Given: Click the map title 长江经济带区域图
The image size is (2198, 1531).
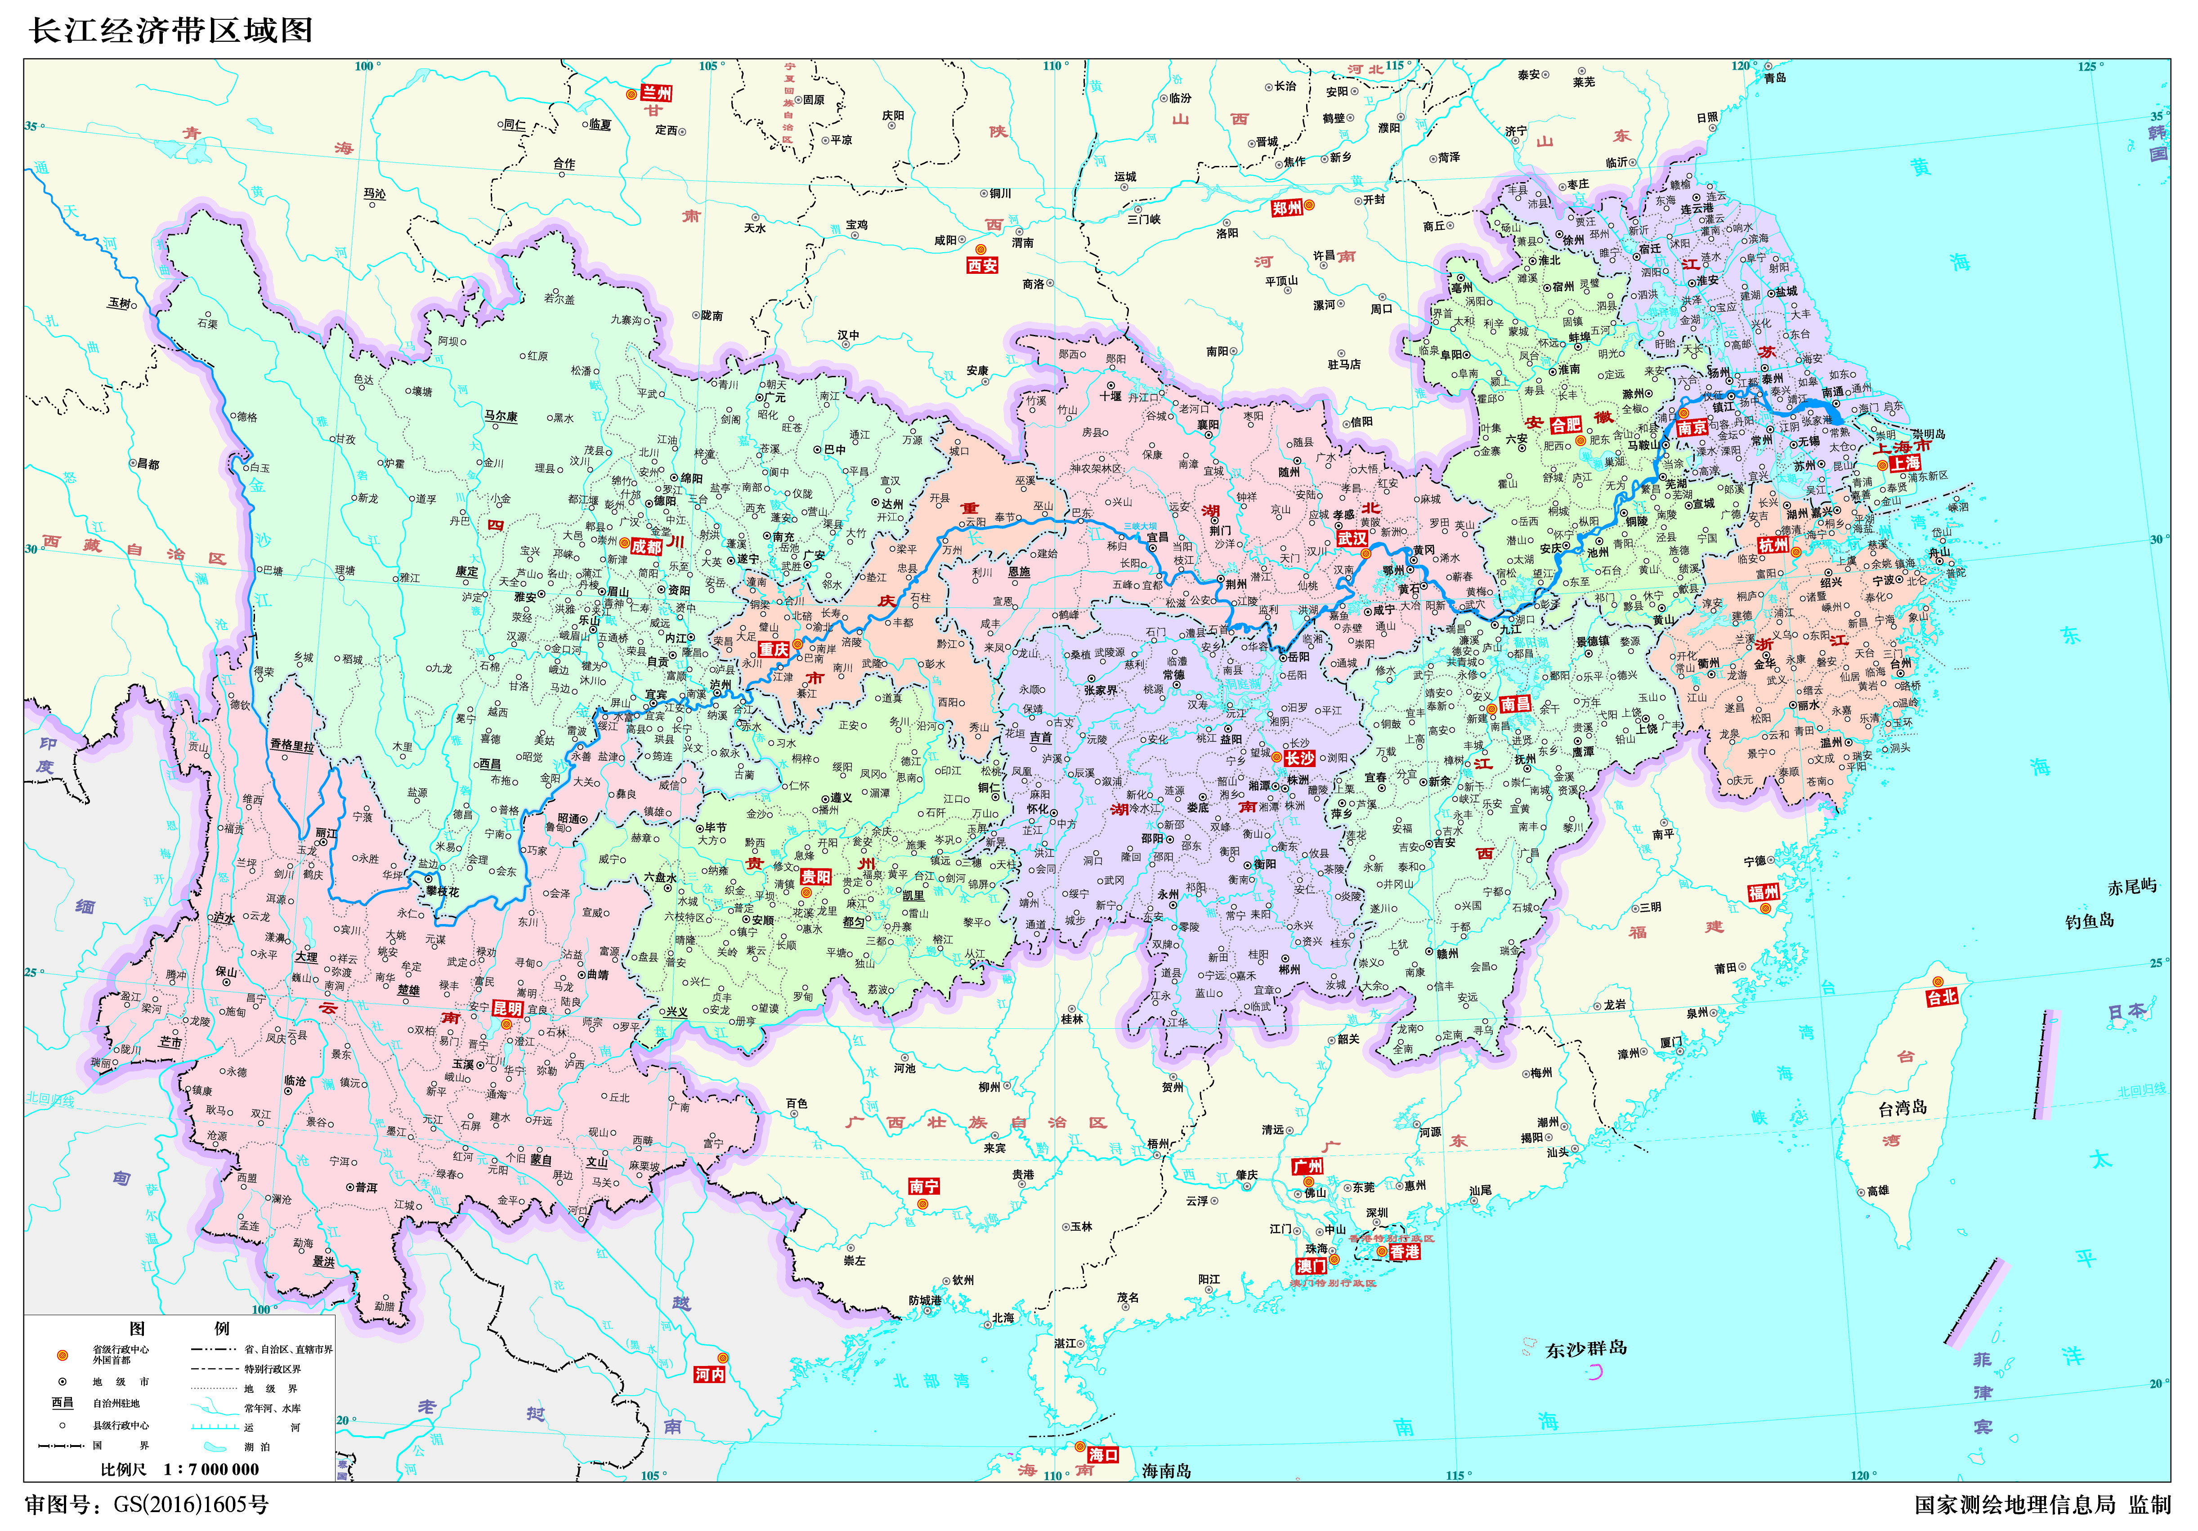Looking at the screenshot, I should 170,31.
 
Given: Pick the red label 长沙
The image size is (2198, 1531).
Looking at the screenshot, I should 1299,758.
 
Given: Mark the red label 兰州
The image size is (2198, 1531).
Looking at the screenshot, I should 657,93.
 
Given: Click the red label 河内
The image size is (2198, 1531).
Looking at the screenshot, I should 709,1374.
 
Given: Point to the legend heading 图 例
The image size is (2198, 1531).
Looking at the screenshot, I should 179,1328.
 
